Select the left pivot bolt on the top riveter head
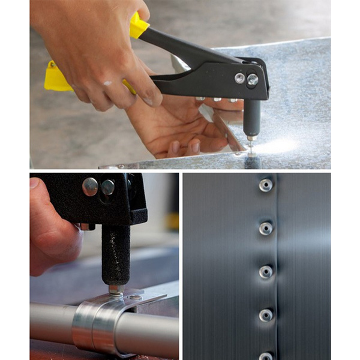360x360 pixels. point(239,77)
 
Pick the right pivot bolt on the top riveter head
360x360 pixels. point(253,79)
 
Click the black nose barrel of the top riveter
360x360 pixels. point(251,117)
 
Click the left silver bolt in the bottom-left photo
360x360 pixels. point(90,187)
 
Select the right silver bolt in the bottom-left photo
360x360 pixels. point(107,187)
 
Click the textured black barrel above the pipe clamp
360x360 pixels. point(116,252)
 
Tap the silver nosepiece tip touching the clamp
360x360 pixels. point(116,289)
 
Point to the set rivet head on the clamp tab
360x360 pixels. point(136,296)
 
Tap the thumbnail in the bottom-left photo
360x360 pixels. point(34,184)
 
